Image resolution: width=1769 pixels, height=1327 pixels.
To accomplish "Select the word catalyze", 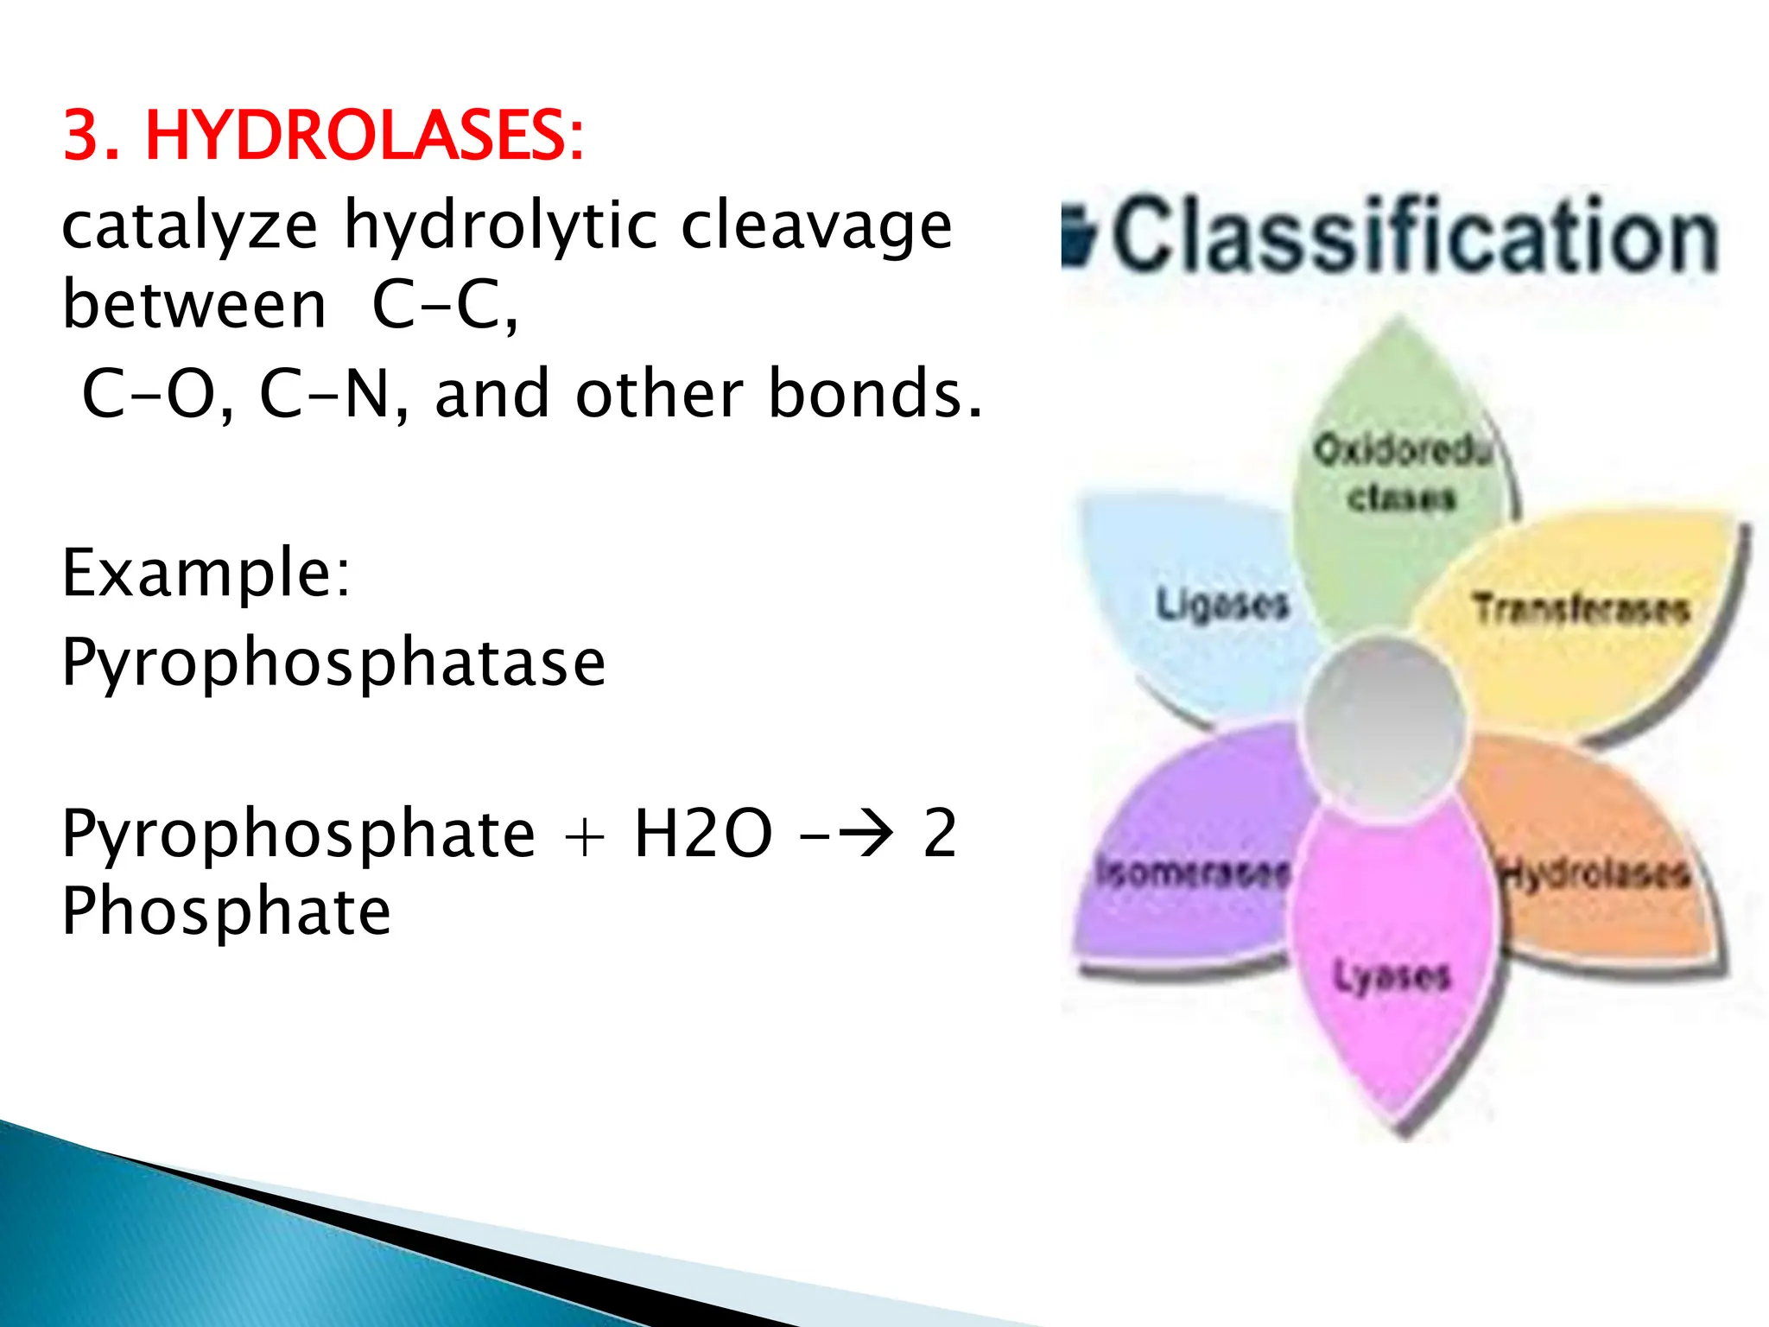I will (x=189, y=226).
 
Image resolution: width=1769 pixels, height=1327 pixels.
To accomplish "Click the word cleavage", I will (x=816, y=226).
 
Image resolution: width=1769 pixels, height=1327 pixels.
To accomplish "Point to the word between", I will (x=194, y=306).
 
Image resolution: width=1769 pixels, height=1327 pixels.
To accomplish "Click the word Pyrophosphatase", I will (x=333, y=663).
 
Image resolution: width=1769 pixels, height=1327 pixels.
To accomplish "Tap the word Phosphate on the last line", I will (x=226, y=912).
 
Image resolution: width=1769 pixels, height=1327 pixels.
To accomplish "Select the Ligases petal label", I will (x=1222, y=604).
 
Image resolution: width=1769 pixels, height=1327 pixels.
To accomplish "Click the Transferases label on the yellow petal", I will (x=1581, y=609).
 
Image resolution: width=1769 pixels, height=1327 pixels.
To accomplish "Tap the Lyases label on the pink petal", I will (x=1392, y=977).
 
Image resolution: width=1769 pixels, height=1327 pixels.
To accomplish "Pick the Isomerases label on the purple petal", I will (x=1193, y=872).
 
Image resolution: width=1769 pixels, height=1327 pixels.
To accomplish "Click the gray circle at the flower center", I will (x=1382, y=726).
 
